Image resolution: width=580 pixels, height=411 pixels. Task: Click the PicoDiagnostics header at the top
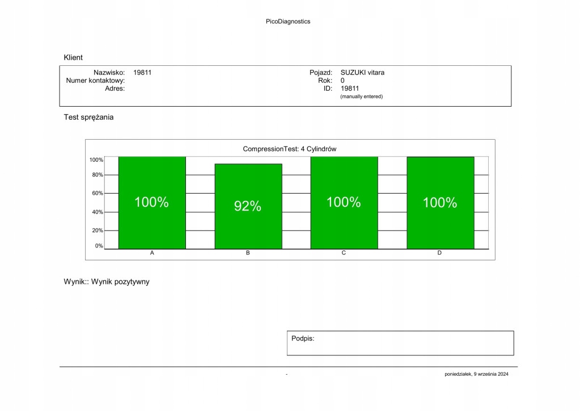click(288, 22)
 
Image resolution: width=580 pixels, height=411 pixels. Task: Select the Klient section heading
click(73, 57)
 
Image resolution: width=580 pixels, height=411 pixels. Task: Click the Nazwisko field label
click(109, 73)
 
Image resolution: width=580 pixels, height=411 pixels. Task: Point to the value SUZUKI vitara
click(362, 73)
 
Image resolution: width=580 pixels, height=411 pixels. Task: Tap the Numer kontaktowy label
click(95, 81)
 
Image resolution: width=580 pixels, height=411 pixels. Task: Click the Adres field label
click(115, 89)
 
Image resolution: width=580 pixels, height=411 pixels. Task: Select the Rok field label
click(325, 81)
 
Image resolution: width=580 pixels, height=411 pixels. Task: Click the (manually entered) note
click(361, 97)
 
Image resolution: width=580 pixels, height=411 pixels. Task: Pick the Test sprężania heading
click(88, 118)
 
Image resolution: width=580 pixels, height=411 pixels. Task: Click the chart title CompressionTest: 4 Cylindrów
click(290, 149)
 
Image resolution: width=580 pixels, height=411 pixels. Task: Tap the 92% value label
click(248, 207)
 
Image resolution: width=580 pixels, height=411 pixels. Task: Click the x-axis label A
click(152, 253)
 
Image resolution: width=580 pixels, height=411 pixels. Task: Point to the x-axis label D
click(439, 253)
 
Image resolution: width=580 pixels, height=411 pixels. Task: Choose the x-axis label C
click(344, 253)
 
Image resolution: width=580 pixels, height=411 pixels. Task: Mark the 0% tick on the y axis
click(99, 246)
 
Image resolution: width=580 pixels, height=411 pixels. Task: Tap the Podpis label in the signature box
click(303, 338)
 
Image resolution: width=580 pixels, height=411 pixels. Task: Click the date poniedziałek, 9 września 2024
click(476, 374)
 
